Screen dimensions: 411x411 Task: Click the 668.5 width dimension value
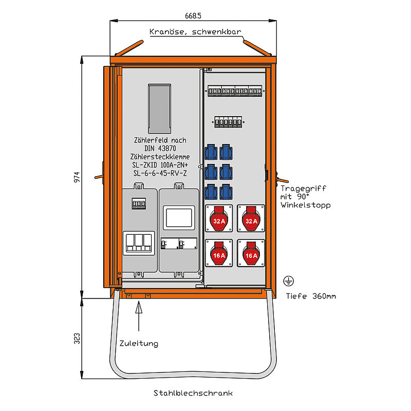click(x=193, y=16)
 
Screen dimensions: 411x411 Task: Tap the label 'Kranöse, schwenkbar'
click(x=195, y=31)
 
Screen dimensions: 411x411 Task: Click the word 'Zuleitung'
click(x=139, y=343)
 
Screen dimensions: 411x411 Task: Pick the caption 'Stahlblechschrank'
click(x=193, y=393)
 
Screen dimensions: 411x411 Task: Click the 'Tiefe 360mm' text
click(x=311, y=296)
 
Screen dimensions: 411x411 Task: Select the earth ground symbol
click(x=288, y=281)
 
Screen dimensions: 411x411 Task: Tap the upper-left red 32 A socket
click(x=219, y=218)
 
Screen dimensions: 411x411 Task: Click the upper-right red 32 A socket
click(x=251, y=218)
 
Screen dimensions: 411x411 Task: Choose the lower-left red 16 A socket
click(x=219, y=253)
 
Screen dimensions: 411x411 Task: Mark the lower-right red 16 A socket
click(x=251, y=253)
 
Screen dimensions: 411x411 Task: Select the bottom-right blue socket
click(x=226, y=192)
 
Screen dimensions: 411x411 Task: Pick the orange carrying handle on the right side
click(x=282, y=178)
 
